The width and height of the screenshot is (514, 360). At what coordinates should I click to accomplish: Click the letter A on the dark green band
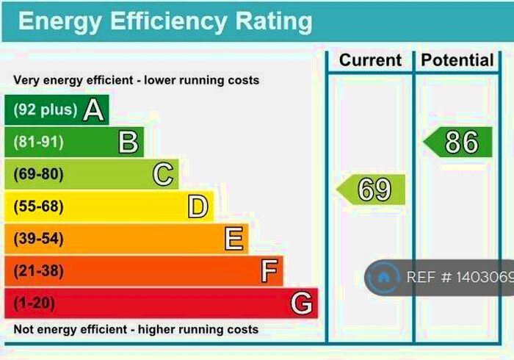pyautogui.click(x=93, y=110)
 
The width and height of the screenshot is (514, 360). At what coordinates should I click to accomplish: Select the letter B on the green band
pyautogui.click(x=128, y=142)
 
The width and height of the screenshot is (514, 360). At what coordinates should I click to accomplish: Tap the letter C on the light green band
pyautogui.click(x=163, y=174)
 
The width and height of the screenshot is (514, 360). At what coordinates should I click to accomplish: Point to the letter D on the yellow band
pyautogui.click(x=198, y=206)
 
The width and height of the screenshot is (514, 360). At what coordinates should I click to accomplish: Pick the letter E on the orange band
pyautogui.click(x=234, y=239)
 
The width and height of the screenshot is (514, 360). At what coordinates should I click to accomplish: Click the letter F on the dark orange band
pyautogui.click(x=269, y=271)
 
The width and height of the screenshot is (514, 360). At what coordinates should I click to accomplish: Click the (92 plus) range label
pyautogui.click(x=45, y=110)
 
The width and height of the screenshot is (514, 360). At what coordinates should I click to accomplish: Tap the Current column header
pyautogui.click(x=370, y=60)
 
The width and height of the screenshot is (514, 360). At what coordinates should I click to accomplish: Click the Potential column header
pyautogui.click(x=456, y=60)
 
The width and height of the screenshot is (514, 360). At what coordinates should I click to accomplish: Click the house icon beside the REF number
pyautogui.click(x=383, y=278)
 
